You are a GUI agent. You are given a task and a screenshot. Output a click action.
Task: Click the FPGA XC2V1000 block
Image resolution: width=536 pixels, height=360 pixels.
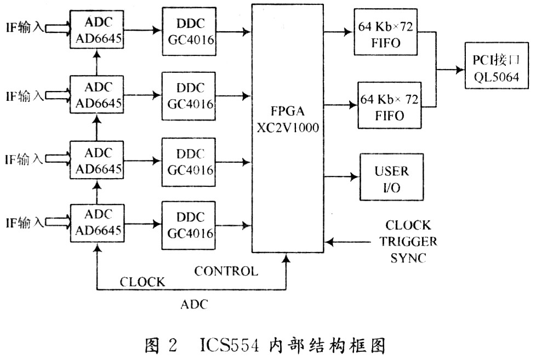(288, 129)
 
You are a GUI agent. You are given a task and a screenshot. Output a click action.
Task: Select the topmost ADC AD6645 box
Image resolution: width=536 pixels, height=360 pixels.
(97, 30)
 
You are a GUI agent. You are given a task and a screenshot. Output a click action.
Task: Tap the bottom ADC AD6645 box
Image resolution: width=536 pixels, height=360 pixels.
(97, 223)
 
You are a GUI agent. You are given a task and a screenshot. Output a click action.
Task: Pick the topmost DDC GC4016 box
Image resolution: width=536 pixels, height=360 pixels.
(189, 31)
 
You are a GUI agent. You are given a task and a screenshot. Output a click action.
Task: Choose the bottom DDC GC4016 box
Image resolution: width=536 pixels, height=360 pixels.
(189, 225)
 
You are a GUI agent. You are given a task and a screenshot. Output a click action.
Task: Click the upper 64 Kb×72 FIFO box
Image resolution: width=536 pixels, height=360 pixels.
(385, 32)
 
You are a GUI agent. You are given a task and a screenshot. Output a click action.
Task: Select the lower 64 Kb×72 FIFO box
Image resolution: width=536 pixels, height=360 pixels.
(389, 105)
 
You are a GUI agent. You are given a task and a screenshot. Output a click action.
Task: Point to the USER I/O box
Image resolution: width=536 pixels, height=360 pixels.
(391, 177)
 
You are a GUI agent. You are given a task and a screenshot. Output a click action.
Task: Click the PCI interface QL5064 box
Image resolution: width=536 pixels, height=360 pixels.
(497, 66)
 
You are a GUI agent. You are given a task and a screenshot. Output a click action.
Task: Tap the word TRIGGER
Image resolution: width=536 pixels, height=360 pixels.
(408, 242)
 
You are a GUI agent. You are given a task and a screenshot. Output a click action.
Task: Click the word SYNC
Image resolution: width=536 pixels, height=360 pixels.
(408, 258)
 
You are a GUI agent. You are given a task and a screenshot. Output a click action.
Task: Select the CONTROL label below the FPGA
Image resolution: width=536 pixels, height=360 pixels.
(226, 271)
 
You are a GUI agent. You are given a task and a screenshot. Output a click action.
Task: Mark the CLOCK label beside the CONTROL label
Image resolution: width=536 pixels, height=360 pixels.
(142, 282)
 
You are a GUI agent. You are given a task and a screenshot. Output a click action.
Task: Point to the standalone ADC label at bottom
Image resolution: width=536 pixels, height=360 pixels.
(194, 304)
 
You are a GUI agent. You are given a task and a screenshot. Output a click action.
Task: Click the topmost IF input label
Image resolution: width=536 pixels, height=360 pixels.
(25, 27)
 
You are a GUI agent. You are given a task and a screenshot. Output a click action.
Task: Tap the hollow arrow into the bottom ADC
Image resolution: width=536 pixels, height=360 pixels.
(58, 222)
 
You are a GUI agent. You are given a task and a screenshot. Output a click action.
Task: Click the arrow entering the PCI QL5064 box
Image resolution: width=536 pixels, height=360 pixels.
(451, 70)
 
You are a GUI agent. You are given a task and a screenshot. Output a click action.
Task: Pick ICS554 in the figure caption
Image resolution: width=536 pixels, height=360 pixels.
(230, 345)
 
